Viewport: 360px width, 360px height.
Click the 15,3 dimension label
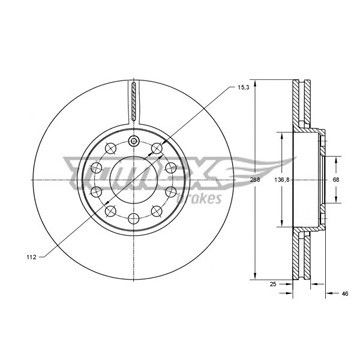click(x=243, y=87)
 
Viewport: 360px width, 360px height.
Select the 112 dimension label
click(x=31, y=257)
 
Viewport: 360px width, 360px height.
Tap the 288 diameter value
click(x=255, y=180)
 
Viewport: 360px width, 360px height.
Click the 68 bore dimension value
click(x=336, y=180)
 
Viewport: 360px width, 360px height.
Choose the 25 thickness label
click(x=273, y=284)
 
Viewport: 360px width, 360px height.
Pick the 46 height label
click(x=345, y=293)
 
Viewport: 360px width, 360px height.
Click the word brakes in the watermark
click(x=201, y=198)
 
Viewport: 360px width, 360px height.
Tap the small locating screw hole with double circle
click(x=134, y=141)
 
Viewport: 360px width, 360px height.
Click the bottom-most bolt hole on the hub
click(x=134, y=219)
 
